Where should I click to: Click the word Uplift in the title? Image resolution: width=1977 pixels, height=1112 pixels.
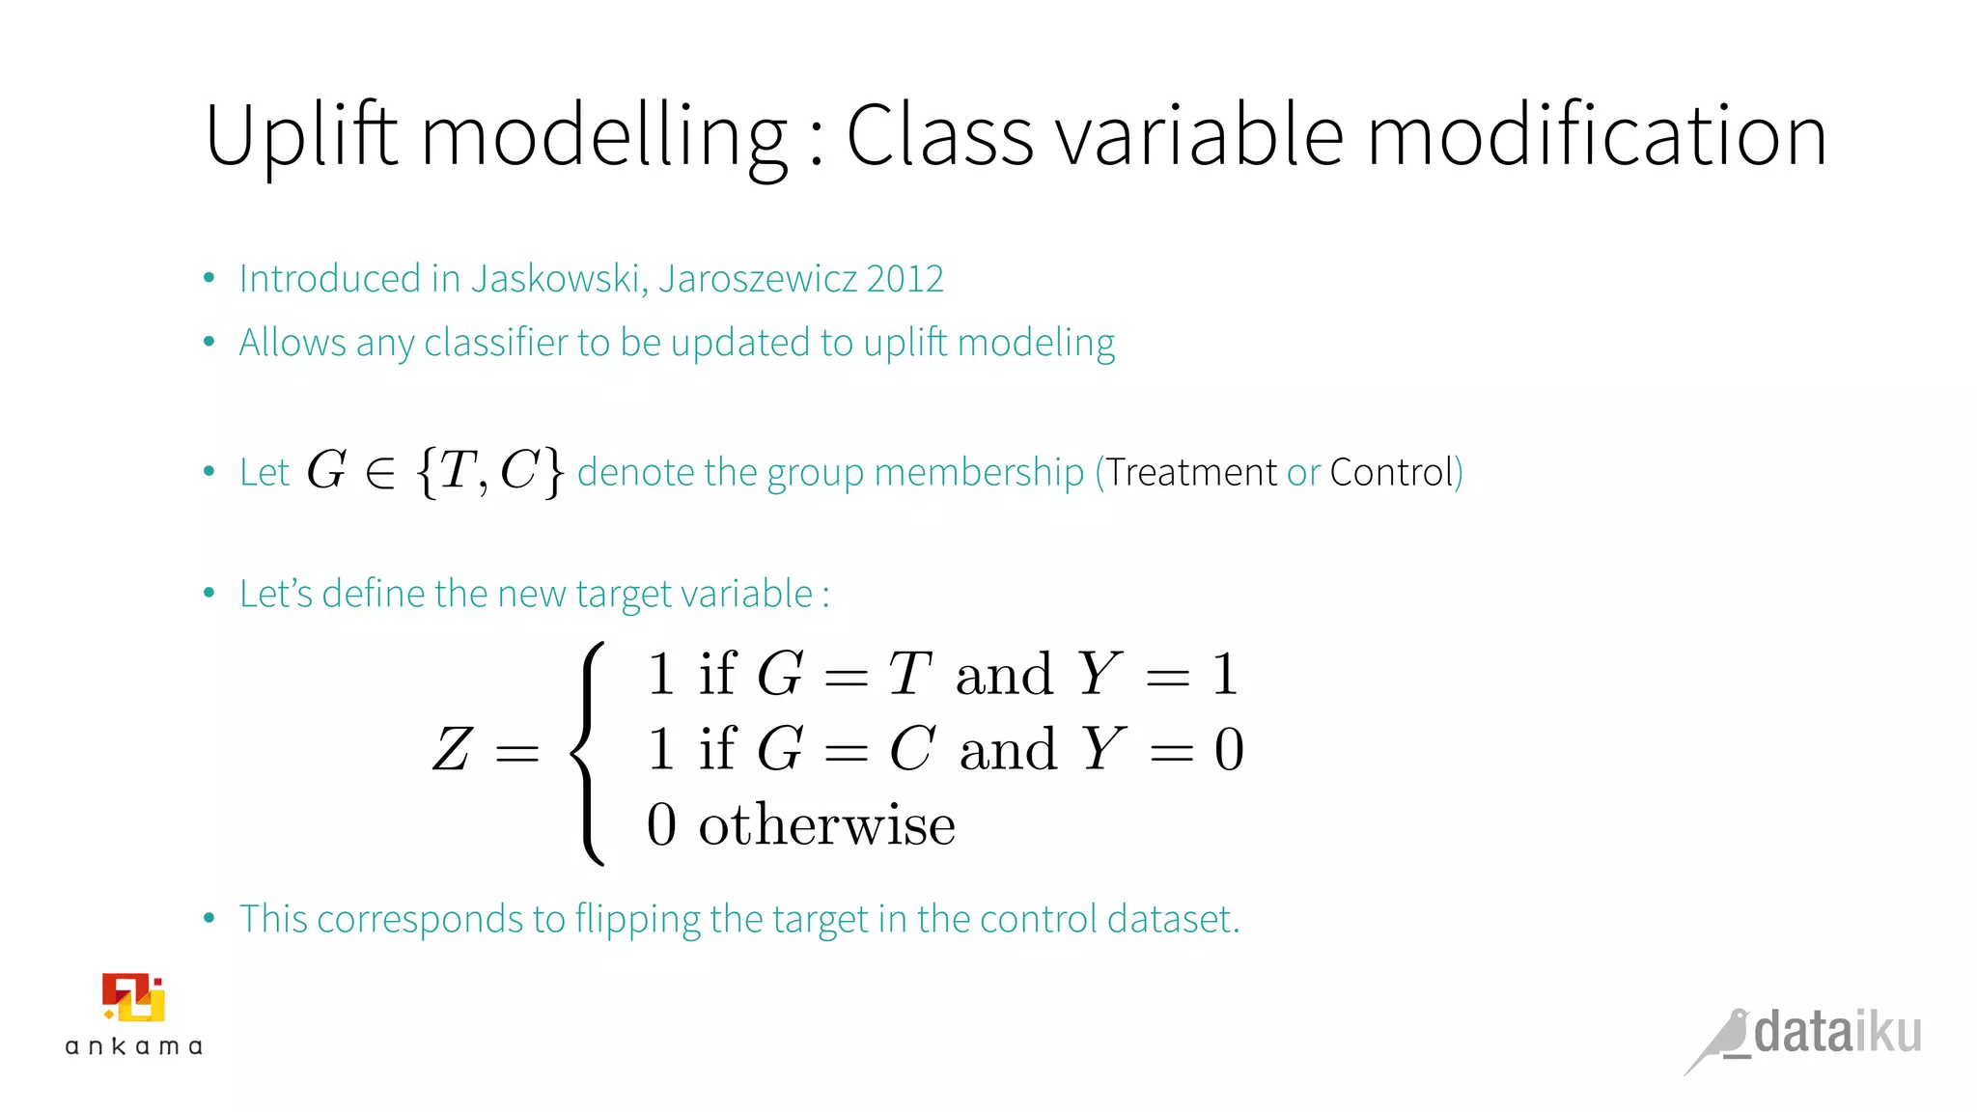(301, 135)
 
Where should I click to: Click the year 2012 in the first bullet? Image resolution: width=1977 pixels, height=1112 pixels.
(905, 279)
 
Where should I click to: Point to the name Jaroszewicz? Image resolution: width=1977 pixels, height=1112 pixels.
(758, 279)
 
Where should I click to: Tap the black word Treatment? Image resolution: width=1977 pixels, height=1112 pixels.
(1190, 472)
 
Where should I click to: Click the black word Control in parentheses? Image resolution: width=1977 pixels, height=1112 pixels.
(1391, 472)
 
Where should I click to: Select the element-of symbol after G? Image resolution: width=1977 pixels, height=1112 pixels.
(380, 472)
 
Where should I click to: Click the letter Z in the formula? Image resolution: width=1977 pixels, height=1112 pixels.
(451, 750)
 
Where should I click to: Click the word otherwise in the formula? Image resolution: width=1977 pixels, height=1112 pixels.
(826, 825)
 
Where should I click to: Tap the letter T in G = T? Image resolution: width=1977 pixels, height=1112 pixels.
(908, 674)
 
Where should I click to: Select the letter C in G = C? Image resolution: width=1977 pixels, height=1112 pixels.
(911, 749)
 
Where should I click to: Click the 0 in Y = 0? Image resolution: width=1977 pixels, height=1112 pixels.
(1229, 749)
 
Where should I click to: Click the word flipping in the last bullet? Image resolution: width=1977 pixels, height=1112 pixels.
(637, 920)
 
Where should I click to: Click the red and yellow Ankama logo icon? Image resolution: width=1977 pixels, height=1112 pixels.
(133, 997)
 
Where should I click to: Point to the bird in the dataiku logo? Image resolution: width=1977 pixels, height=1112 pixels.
(1722, 1040)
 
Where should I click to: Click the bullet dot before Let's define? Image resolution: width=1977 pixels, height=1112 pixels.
(209, 593)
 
